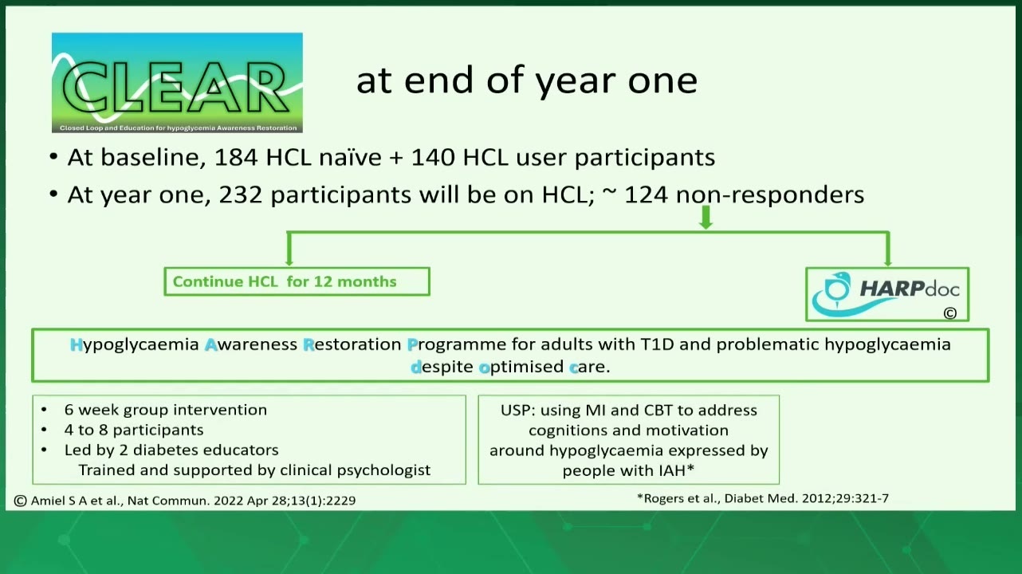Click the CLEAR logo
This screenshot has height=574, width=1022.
(177, 83)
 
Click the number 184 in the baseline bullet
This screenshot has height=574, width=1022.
(236, 158)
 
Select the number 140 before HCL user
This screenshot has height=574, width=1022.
(433, 158)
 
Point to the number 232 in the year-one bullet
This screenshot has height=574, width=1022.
(241, 195)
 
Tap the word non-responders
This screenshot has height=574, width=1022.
(770, 195)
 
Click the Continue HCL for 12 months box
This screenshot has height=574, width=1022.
(297, 281)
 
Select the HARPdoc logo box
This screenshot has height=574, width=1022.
(887, 294)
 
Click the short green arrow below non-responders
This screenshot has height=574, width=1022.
(706, 217)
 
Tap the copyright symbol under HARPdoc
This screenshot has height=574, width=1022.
(950, 313)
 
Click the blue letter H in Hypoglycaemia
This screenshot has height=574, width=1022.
(77, 344)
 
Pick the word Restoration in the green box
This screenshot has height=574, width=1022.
(352, 344)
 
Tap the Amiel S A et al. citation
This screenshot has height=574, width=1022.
(185, 501)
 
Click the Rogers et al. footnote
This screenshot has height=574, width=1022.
(763, 499)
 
